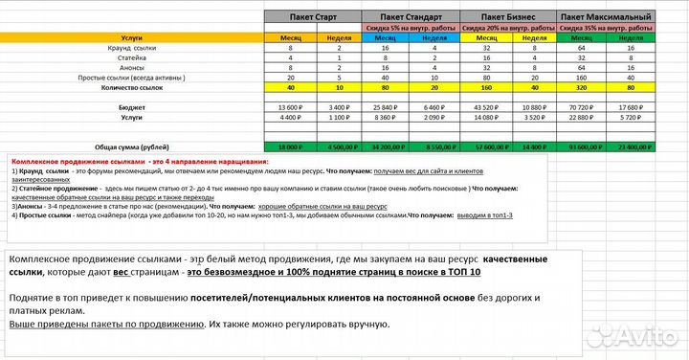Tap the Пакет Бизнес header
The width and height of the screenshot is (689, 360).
(508, 17)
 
